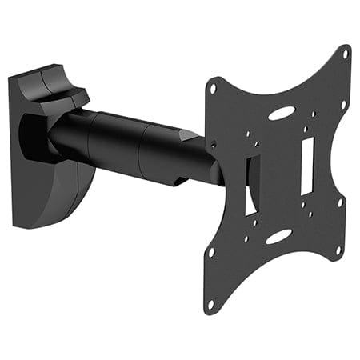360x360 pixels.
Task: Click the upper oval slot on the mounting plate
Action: [x=281, y=114]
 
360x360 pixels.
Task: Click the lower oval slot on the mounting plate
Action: [x=278, y=237]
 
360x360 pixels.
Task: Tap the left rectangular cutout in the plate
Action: [x=250, y=183]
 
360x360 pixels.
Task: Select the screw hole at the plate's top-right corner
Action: [x=346, y=56]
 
